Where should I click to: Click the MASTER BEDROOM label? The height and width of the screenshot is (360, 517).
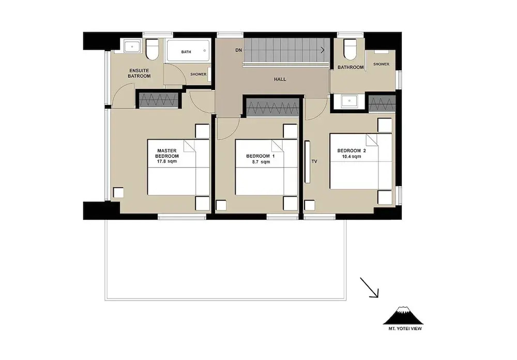tap(167, 153)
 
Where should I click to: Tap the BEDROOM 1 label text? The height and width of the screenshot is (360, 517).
tap(260, 156)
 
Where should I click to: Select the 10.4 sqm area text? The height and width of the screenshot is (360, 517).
tap(352, 156)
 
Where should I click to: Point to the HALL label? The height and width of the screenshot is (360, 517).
tap(280, 79)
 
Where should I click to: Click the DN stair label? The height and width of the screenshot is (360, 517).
tap(238, 50)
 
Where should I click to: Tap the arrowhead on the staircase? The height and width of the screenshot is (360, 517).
tap(323, 50)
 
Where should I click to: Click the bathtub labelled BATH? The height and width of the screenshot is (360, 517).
tap(188, 51)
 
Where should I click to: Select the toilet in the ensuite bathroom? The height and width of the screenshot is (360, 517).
tap(153, 50)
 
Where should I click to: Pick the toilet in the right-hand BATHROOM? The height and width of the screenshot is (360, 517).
tap(350, 50)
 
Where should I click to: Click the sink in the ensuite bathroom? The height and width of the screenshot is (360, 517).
tap(132, 47)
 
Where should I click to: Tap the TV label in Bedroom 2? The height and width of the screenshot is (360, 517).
tap(314, 161)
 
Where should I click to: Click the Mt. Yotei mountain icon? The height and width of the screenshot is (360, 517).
tap(403, 316)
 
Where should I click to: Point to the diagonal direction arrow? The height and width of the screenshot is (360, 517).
tap(369, 288)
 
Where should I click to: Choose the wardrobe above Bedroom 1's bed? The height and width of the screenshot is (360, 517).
tap(272, 108)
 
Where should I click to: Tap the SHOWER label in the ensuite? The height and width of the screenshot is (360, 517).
tap(198, 74)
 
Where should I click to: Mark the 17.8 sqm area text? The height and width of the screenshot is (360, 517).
tap(167, 161)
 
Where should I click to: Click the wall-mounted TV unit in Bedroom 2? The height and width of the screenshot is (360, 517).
tap(307, 162)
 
